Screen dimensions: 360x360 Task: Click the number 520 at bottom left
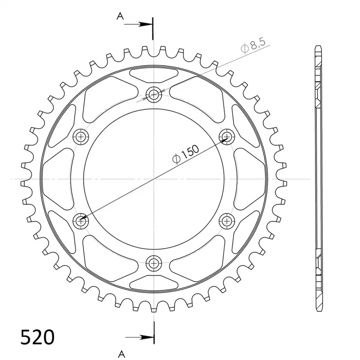tap(37, 337)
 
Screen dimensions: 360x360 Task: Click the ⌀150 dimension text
tap(186, 154)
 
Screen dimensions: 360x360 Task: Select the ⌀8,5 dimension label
tap(253, 45)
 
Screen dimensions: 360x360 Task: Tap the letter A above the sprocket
tap(120, 16)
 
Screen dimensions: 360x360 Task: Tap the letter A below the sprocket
tap(121, 354)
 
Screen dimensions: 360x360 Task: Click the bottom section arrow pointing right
tap(140, 337)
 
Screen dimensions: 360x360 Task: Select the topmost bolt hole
tap(153, 94)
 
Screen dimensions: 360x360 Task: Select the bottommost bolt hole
tap(153, 263)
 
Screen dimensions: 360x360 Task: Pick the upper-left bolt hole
tap(81, 137)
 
